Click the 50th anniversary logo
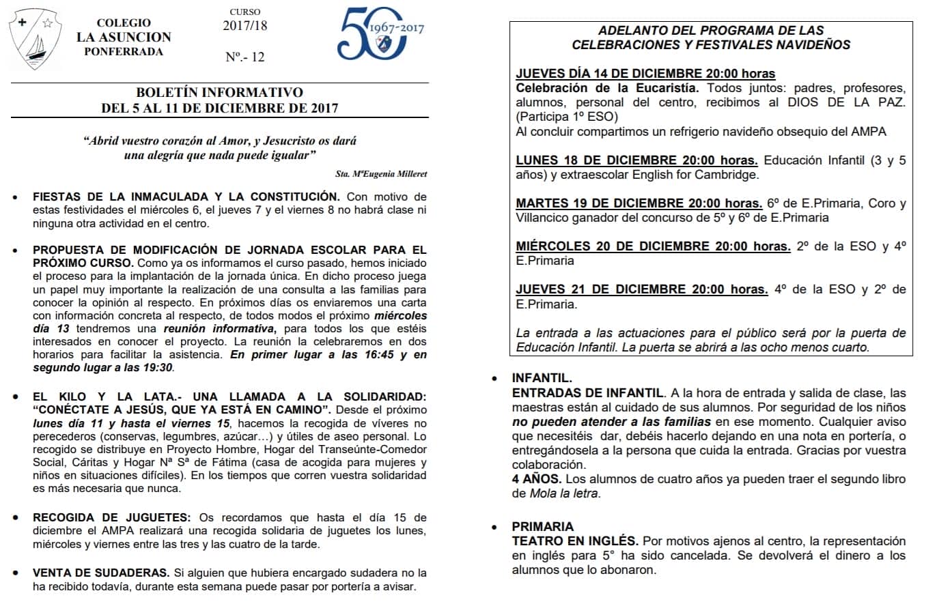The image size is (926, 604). pos(380,33)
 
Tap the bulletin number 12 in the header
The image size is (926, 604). pos(245,57)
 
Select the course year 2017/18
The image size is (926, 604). pos(245,26)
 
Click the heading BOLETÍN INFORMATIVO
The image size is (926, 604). pos(219,93)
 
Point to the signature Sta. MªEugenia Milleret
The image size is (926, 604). pos(382,174)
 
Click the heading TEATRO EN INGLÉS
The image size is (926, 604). pos(575,541)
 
